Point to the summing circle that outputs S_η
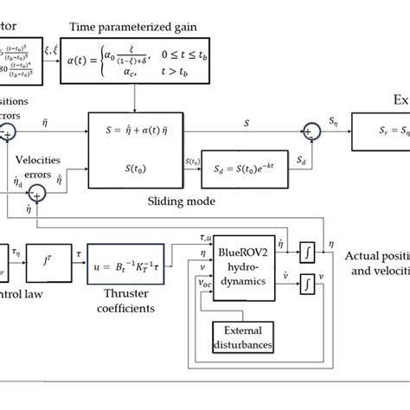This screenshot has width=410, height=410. [310, 132]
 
